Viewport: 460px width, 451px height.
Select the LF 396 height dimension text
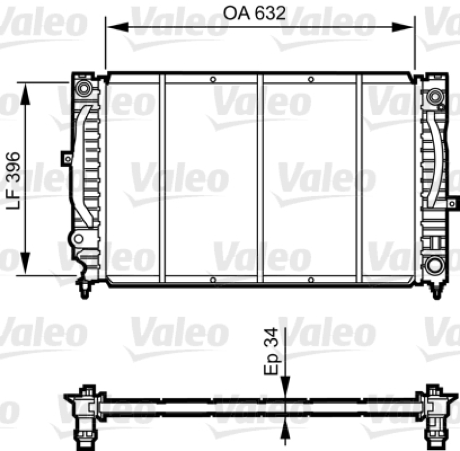[x=14, y=179]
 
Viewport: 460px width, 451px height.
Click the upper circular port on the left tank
[x=84, y=89]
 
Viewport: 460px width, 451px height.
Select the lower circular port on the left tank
[x=78, y=238]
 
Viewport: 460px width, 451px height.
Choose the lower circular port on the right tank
[x=434, y=266]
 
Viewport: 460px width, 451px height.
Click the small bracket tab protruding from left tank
[x=67, y=158]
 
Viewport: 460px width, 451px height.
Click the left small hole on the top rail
[x=213, y=79]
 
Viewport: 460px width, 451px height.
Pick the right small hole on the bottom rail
[x=310, y=280]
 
